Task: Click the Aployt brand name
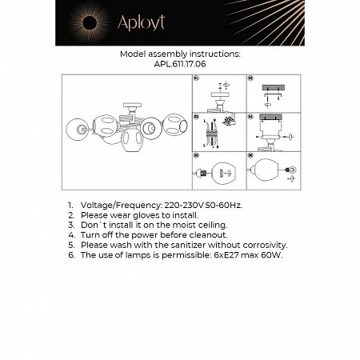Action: pos(141,23)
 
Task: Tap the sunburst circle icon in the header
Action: pos(88,22)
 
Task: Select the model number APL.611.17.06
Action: pos(180,65)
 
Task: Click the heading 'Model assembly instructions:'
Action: pos(180,54)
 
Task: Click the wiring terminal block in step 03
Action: pos(232,121)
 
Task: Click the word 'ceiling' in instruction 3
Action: pos(210,226)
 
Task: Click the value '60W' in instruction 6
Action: pos(274,255)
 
